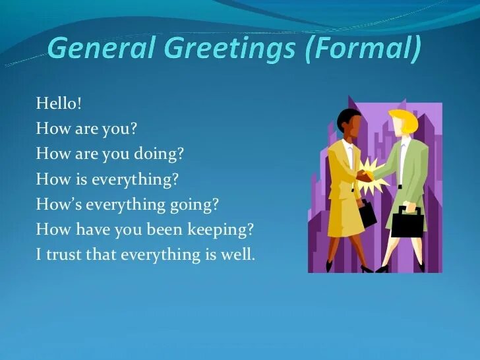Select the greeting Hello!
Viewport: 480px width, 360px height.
(59, 103)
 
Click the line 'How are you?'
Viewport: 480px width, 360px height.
(86, 128)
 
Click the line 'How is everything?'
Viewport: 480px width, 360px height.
(107, 179)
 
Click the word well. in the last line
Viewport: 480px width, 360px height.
(237, 255)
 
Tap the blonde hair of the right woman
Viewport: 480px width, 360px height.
(403, 119)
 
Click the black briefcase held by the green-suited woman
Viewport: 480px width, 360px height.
(407, 222)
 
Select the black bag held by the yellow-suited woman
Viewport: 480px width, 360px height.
(367, 213)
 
